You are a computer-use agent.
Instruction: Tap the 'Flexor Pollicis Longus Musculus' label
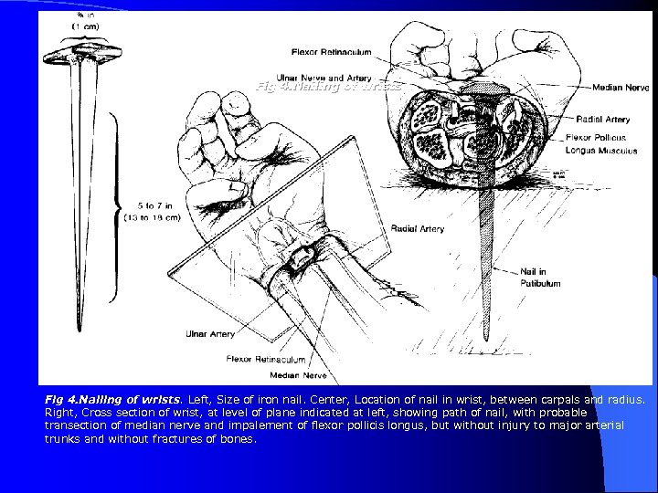click(x=600, y=143)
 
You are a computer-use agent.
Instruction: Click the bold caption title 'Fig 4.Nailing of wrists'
click(x=101, y=400)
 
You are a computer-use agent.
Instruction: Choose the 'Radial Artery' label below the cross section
click(x=418, y=228)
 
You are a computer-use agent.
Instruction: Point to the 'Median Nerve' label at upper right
click(x=621, y=88)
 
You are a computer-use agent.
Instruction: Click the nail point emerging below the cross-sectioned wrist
click(x=480, y=305)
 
